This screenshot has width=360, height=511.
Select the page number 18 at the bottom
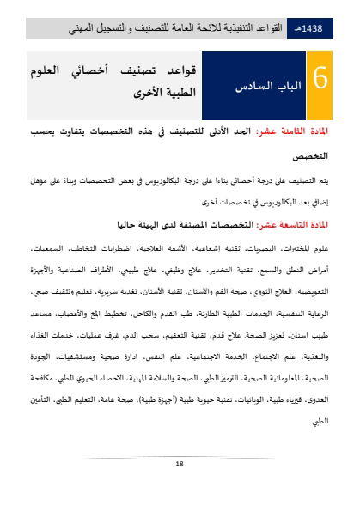[x=180, y=464]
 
